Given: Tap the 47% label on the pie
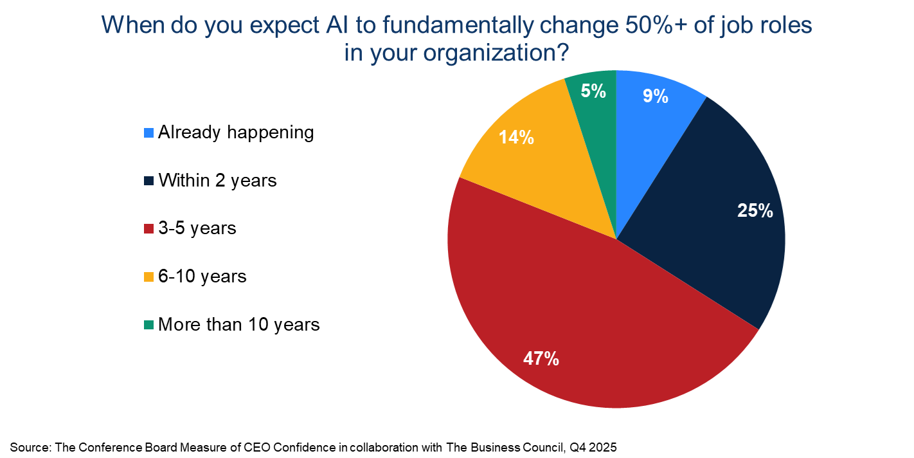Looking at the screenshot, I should pos(541,358).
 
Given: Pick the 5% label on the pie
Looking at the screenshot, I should pos(593,91).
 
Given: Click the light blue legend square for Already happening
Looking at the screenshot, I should pos(148,134).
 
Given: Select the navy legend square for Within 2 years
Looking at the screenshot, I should pos(148,181).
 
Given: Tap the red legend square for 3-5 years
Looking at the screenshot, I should pos(148,229).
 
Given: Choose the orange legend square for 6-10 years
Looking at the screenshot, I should pos(148,277).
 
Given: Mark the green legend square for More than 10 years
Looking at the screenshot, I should pos(148,325).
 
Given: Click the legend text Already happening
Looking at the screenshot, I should pos(236,133).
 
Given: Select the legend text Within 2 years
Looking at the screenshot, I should pos(217,181).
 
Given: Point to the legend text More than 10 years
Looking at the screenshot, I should pos(238,325).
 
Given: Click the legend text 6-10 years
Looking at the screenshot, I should pos(202,277).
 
